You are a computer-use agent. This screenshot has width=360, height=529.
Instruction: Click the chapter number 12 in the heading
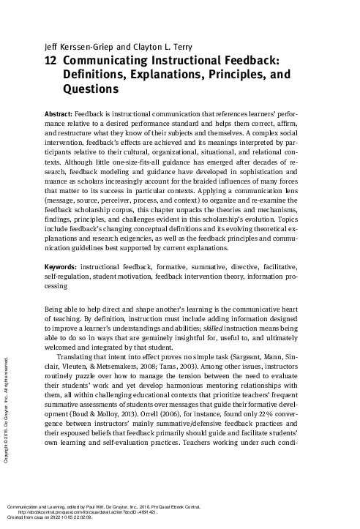coord(51,63)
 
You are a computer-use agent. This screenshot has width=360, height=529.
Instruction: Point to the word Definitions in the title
coord(95,76)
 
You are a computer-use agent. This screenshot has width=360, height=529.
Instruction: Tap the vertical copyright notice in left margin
coord(6,409)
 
